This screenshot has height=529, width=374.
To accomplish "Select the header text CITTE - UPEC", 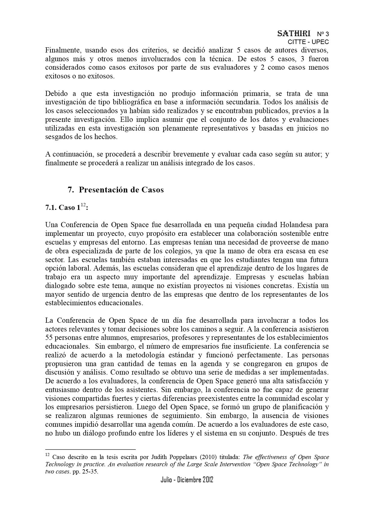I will click(x=308, y=42).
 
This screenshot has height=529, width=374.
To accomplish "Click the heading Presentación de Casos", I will click(x=121, y=190).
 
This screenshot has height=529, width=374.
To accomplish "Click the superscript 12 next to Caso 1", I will click(x=83, y=205).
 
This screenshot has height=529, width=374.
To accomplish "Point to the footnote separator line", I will click(x=90, y=449).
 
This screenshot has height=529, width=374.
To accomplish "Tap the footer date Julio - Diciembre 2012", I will click(x=187, y=480).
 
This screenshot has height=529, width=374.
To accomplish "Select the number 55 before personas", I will click(x=49, y=337).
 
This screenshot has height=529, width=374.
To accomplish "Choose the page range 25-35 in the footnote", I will click(x=90, y=472).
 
